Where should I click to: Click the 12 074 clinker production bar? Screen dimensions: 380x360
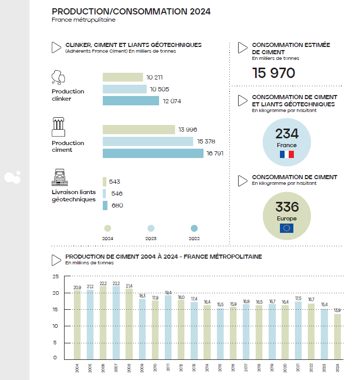pyautogui.click(x=131, y=101)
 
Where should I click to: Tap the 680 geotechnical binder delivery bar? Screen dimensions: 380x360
pyautogui.click(x=105, y=205)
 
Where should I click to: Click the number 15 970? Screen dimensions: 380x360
pyautogui.click(x=273, y=73)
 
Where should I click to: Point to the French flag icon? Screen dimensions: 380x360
pyautogui.click(x=287, y=154)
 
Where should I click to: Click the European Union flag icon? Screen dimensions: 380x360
pyautogui.click(x=287, y=228)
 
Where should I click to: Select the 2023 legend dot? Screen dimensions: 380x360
pyautogui.click(x=151, y=228)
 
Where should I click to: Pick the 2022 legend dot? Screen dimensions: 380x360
pyautogui.click(x=194, y=228)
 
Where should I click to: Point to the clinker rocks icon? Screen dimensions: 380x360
pyautogui.click(x=58, y=77)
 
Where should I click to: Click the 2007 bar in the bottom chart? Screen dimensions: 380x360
pyautogui.click(x=116, y=323)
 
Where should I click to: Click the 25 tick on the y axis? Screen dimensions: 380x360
pyautogui.click(x=55, y=276)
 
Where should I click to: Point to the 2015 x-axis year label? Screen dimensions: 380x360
pyautogui.click(x=219, y=367)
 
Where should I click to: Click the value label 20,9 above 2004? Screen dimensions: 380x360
pyautogui.click(x=77, y=287)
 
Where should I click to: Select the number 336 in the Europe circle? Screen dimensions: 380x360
pyautogui.click(x=287, y=207)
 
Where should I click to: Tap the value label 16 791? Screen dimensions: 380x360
pyautogui.click(x=217, y=154)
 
